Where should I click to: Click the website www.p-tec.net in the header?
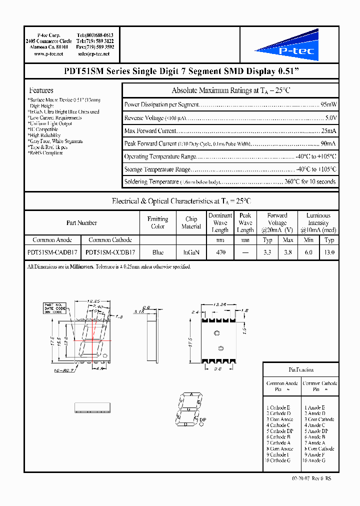click(x=48, y=53)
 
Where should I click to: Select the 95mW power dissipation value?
click(x=328, y=105)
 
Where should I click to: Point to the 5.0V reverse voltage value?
click(x=331, y=118)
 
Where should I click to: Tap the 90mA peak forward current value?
click(x=329, y=144)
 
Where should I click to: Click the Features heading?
click(x=41, y=90)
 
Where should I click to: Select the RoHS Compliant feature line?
click(x=45, y=153)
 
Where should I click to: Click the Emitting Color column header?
click(x=157, y=223)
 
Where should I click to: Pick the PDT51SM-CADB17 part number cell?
click(x=52, y=252)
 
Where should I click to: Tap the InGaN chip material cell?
click(x=191, y=252)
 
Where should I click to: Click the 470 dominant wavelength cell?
click(x=220, y=252)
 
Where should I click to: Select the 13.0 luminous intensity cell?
click(x=329, y=252)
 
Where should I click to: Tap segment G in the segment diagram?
click(x=189, y=409)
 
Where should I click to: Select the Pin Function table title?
click(x=301, y=370)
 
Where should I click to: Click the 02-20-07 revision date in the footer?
click(x=301, y=478)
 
